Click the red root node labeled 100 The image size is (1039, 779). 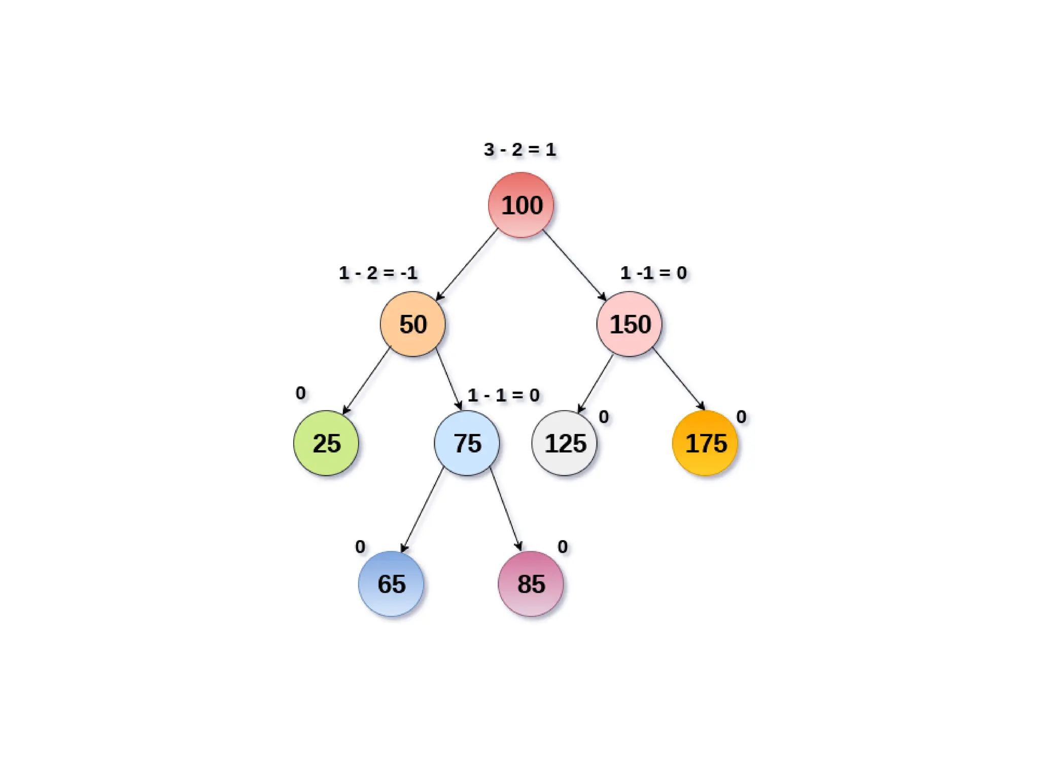click(x=521, y=205)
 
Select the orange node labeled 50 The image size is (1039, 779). click(x=412, y=324)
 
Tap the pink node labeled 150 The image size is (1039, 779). click(x=629, y=324)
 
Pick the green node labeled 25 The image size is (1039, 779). click(x=326, y=443)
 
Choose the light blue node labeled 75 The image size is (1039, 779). click(x=467, y=443)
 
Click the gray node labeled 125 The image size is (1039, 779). click(x=564, y=443)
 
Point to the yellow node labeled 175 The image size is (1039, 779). click(x=705, y=443)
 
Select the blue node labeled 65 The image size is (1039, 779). click(x=391, y=583)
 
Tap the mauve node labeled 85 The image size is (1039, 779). click(x=531, y=583)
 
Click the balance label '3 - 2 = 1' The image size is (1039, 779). click(x=519, y=150)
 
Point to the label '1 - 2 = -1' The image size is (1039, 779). click(x=378, y=273)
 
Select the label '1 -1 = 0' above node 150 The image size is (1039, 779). click(x=653, y=273)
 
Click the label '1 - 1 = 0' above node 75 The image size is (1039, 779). click(x=503, y=395)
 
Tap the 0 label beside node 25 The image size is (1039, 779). click(x=301, y=393)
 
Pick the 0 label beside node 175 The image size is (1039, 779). click(x=741, y=417)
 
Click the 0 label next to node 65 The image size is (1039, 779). click(x=360, y=547)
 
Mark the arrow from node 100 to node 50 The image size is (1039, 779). click(x=467, y=264)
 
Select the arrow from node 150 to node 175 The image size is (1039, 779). click(x=679, y=379)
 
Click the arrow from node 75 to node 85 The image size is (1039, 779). click(x=506, y=509)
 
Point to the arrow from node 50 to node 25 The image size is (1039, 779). click(x=366, y=381)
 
